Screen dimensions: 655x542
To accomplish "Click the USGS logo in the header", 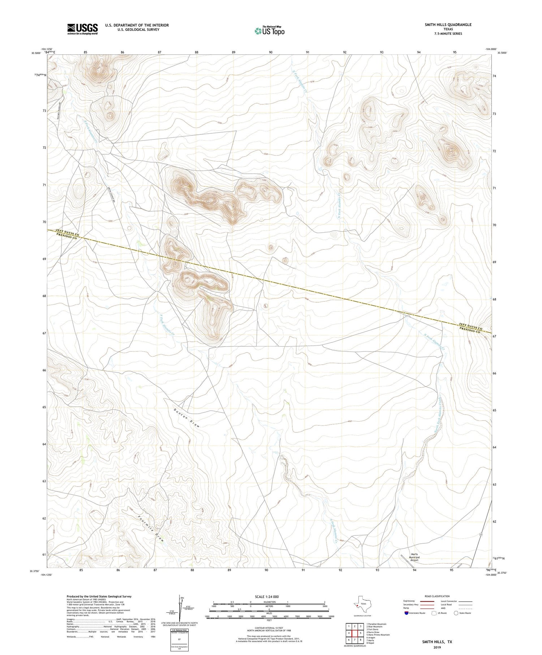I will point(82,29).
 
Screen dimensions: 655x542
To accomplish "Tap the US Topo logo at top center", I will point(269,31).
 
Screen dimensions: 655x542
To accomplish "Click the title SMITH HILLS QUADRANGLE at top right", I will point(448,25).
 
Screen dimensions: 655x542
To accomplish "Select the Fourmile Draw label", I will point(151,528).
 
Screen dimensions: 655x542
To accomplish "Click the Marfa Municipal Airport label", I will point(414,557).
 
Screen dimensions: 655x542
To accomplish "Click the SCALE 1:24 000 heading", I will point(267,596).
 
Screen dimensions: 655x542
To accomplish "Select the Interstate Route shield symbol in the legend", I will point(406,613).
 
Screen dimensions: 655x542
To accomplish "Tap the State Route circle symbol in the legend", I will point(456,613).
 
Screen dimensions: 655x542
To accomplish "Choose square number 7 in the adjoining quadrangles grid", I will point(355,640).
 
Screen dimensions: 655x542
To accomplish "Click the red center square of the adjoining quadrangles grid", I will point(355,633).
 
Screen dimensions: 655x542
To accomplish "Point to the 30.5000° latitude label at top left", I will point(36,53).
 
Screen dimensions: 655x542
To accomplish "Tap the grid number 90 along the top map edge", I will point(271,52).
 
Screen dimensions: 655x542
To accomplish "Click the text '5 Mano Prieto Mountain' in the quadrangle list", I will point(378,635).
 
